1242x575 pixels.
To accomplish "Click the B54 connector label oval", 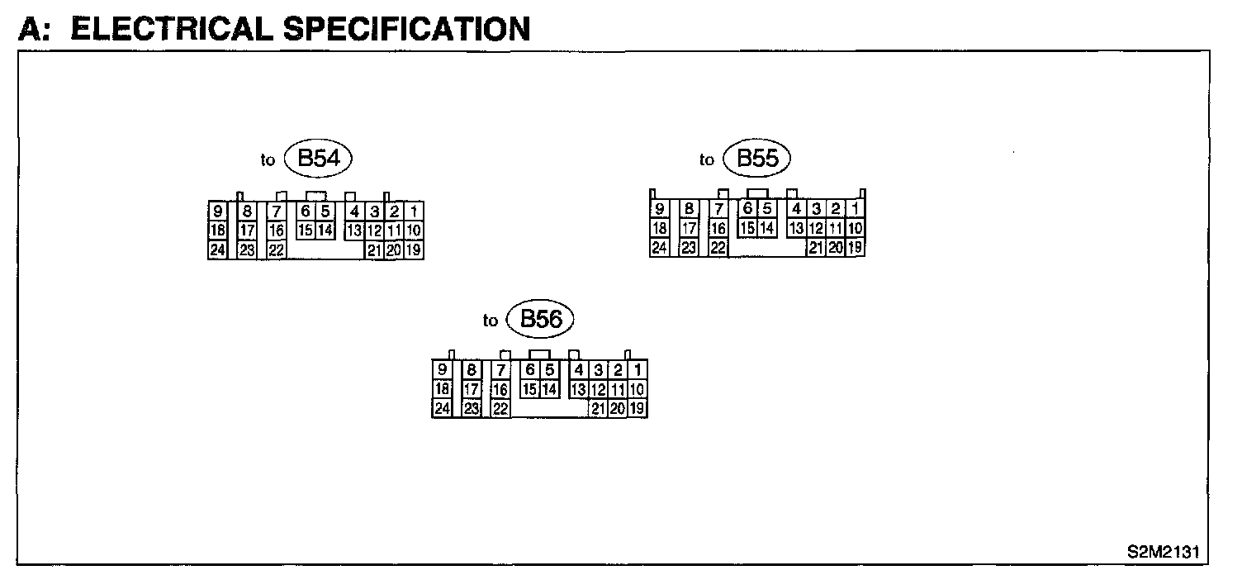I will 318,159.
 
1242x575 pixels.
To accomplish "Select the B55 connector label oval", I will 756,159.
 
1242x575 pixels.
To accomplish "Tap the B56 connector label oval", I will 541,320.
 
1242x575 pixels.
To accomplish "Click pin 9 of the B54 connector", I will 218,211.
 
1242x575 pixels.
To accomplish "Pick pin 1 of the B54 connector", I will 415,211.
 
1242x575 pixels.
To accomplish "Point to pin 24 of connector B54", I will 218,249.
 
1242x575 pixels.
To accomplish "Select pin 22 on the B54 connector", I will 276,249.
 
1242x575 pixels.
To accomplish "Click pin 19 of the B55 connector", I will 856,246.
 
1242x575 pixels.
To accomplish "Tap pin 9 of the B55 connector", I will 660,209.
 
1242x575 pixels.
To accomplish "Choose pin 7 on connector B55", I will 718,209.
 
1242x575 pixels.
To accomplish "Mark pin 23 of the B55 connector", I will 689,246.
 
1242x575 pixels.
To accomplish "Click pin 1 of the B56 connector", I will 638,370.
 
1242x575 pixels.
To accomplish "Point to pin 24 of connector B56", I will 442,408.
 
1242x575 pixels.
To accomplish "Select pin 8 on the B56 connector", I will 472,370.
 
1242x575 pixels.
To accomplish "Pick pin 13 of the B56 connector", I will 578,389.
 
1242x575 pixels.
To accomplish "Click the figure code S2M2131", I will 1164,551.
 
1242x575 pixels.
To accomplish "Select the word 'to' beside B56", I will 491,321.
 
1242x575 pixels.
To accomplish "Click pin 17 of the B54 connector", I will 247,230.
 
